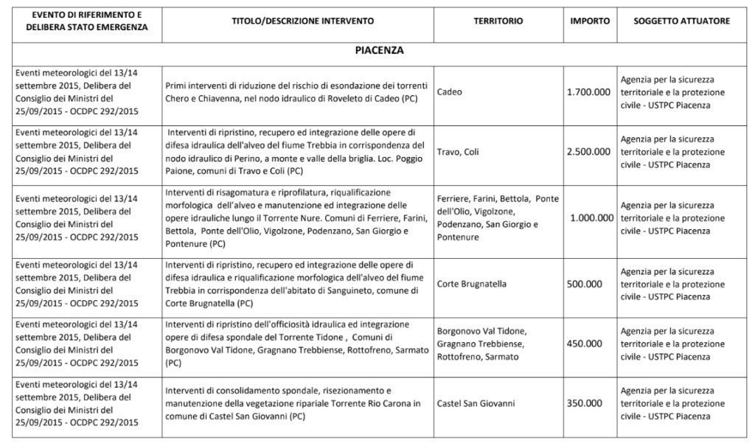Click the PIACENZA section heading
click(379, 51)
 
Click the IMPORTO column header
click(589, 21)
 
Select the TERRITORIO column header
click(498, 21)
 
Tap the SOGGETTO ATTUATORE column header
click(681, 21)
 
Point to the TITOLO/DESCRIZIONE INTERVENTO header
click(299, 21)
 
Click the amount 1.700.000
click(589, 92)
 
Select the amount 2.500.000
click(589, 152)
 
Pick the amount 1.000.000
click(592, 217)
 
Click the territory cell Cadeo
click(450, 92)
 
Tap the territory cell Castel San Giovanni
click(476, 403)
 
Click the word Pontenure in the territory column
click(458, 237)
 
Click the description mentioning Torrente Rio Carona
click(293, 403)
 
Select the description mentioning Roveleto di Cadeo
click(293, 92)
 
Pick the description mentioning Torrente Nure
click(293, 217)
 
